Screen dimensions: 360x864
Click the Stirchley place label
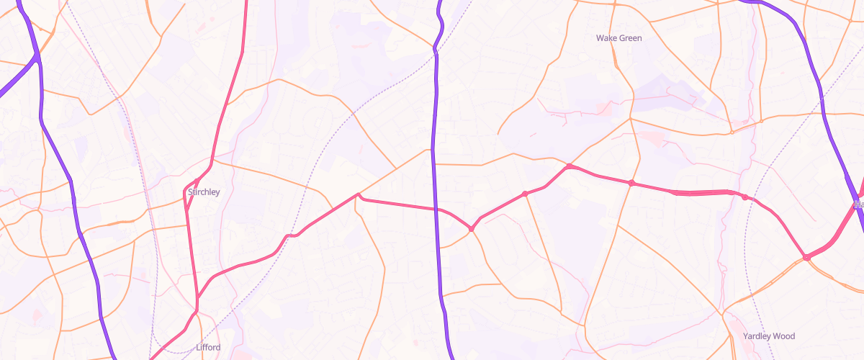coord(204,192)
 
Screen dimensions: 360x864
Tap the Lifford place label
coord(208,347)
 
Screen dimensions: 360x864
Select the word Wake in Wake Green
coord(608,37)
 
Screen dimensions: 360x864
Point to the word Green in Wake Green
coord(631,37)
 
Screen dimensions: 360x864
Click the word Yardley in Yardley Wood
coord(757,336)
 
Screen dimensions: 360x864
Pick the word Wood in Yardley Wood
coord(786,336)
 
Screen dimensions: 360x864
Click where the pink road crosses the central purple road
coord(436,210)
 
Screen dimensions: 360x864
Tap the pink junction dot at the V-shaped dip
coord(472,229)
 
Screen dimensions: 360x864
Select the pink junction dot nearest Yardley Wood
coord(806,257)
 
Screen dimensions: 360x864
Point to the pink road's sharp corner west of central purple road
coord(358,194)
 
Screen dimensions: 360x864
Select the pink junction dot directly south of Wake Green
coord(631,183)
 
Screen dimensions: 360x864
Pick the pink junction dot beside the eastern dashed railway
coord(744,197)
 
